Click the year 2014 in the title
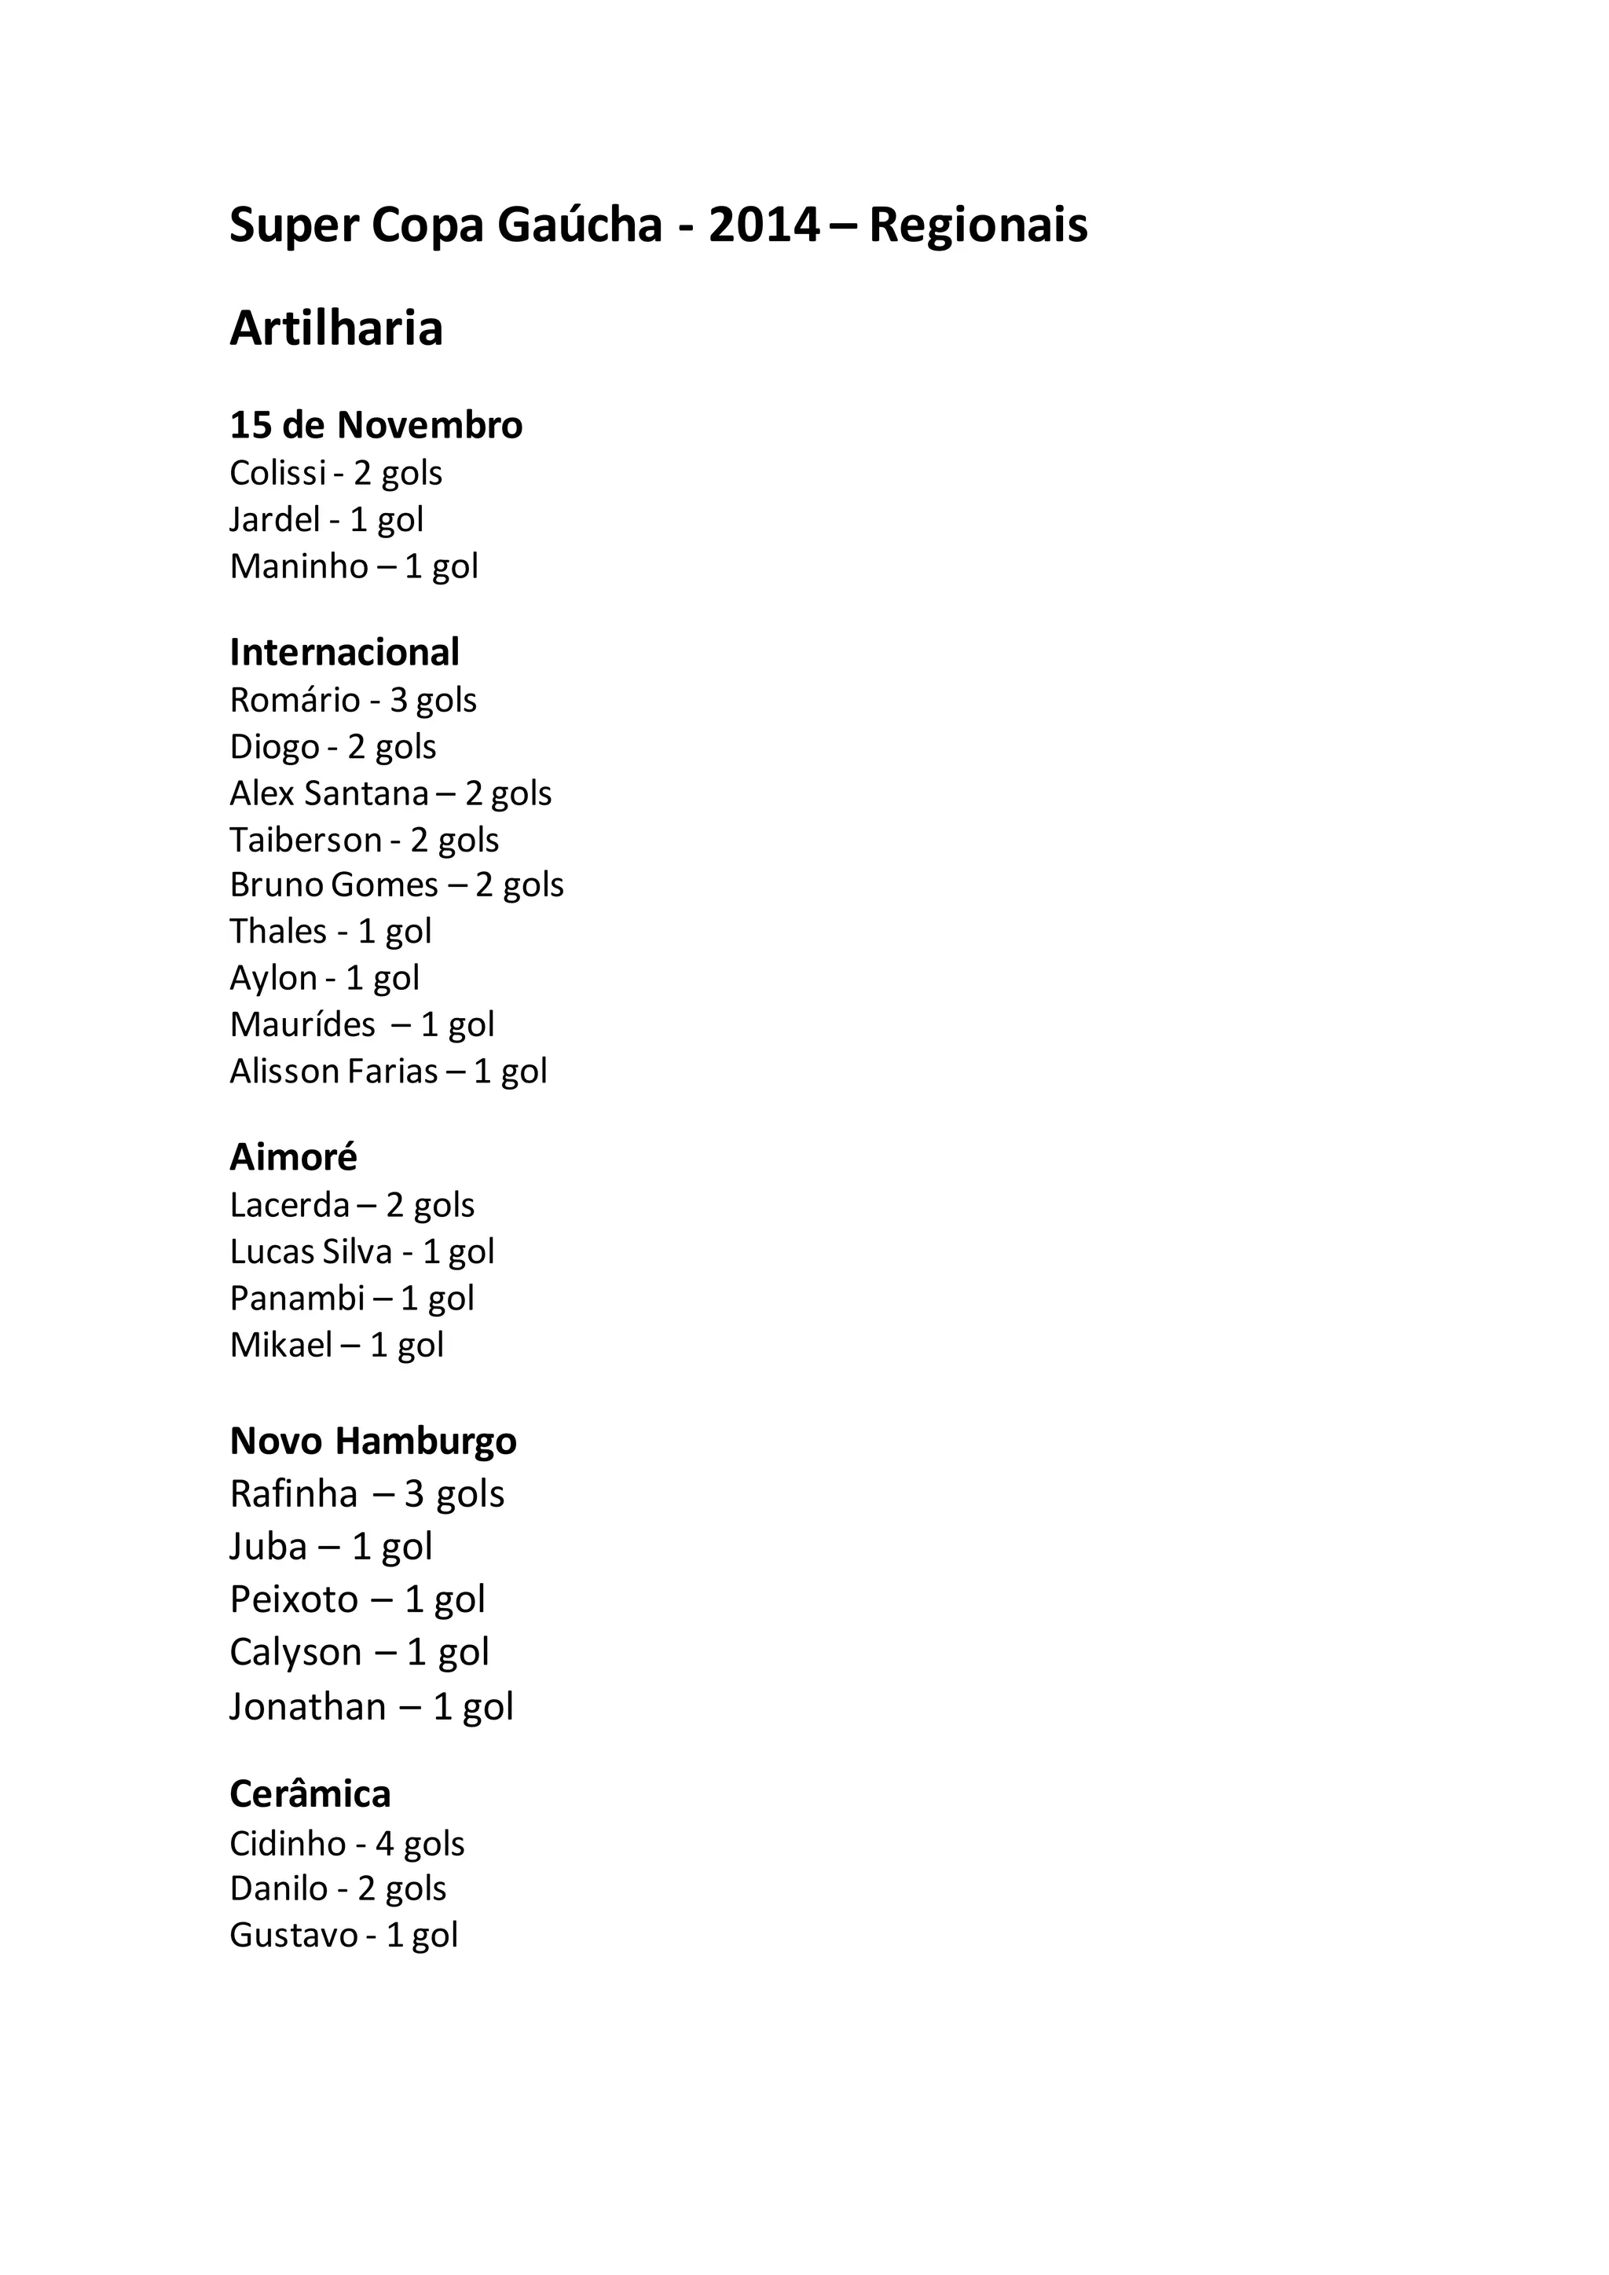click(764, 226)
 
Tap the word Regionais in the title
click(978, 226)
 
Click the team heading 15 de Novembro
click(376, 425)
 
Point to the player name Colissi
click(277, 474)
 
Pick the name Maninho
click(299, 566)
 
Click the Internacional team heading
click(344, 652)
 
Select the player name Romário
click(295, 701)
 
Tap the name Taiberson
click(305, 841)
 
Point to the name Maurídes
click(302, 1024)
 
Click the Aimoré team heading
click(293, 1156)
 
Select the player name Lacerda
click(289, 1205)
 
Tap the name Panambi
click(297, 1298)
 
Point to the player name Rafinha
click(293, 1493)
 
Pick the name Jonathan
click(307, 1706)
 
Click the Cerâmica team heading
click(310, 1793)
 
